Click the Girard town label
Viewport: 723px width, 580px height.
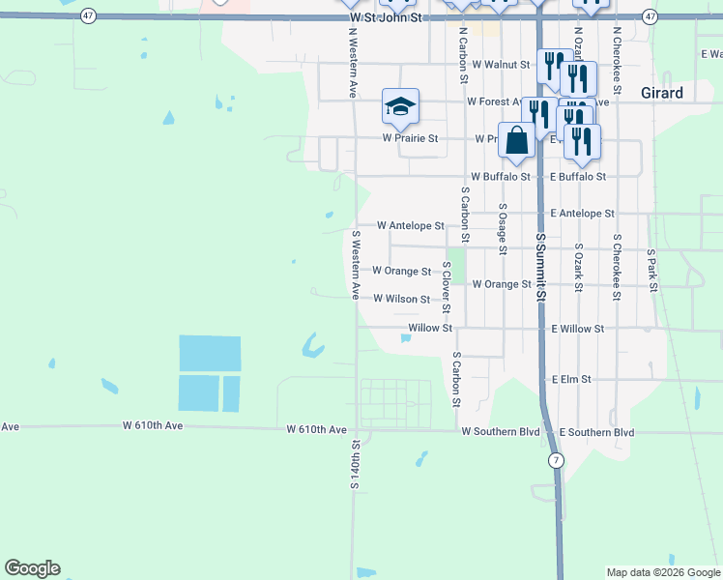pos(662,94)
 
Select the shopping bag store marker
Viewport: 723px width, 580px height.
pos(517,140)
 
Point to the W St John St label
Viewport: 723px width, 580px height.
pos(387,18)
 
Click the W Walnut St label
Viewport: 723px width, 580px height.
pos(499,65)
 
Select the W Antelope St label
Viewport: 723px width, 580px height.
pos(410,225)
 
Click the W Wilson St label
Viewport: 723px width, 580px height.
pos(401,300)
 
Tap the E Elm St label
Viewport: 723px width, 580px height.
pos(570,380)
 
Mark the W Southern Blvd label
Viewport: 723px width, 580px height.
pos(500,432)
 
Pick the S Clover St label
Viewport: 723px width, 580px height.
pos(446,287)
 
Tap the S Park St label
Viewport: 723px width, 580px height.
pos(652,272)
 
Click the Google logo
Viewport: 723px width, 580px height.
pos(32,568)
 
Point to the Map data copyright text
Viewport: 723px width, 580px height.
pos(662,572)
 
